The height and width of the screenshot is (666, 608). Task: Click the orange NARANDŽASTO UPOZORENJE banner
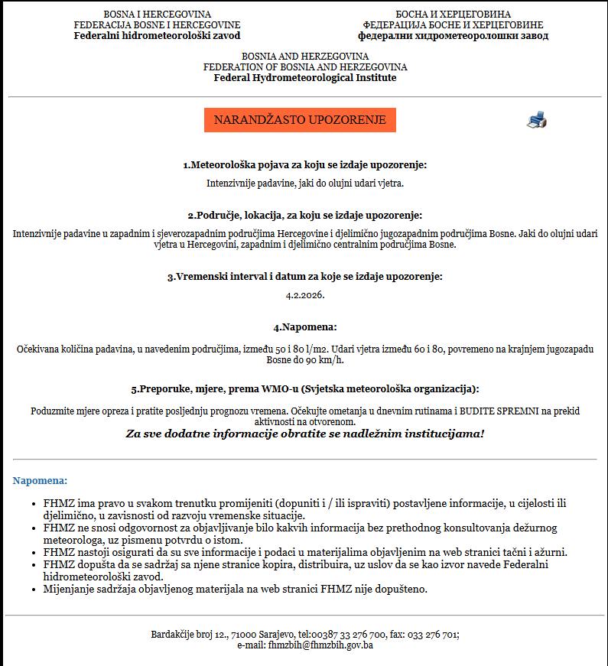coord(300,120)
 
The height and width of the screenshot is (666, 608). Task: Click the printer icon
coord(537,120)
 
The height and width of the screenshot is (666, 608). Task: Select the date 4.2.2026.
coord(304,294)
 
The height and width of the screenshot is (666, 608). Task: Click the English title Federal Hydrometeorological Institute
coord(304,77)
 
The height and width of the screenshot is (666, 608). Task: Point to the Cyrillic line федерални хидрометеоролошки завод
coord(453,35)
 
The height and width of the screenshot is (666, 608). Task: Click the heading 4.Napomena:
coord(304,327)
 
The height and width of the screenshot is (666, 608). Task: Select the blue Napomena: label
coord(40,480)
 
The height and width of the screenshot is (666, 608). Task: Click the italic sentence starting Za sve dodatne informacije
coord(304,434)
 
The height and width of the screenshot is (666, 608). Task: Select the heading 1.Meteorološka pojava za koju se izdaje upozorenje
coord(304,164)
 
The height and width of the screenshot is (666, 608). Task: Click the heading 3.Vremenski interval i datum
coord(304,276)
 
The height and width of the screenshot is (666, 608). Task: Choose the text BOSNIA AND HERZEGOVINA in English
coord(304,56)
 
